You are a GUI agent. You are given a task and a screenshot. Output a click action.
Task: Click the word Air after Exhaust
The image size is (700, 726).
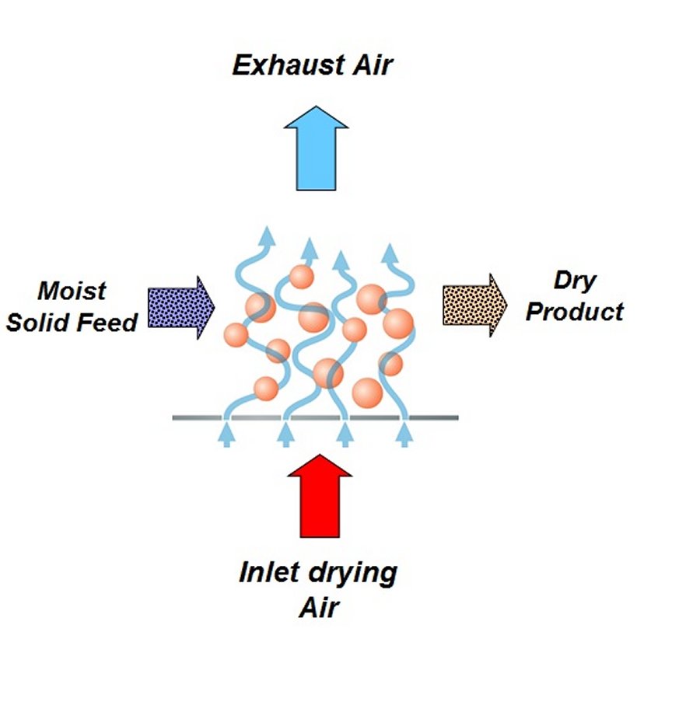(369, 65)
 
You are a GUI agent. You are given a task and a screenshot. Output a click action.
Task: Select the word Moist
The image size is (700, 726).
(72, 291)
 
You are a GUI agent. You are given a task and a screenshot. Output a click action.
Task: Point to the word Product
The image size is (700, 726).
(575, 311)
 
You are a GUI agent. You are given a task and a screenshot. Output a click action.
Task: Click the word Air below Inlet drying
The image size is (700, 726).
(320, 606)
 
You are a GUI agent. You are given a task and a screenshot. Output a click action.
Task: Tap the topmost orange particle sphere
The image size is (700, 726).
(300, 277)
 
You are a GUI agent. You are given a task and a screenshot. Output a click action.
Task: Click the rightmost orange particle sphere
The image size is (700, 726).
(397, 322)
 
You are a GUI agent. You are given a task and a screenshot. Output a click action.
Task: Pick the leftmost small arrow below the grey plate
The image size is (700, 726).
(229, 433)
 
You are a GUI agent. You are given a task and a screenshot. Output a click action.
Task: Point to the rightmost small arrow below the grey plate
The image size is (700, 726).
(404, 433)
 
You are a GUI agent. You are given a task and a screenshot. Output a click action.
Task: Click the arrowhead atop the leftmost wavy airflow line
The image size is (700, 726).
(267, 235)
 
